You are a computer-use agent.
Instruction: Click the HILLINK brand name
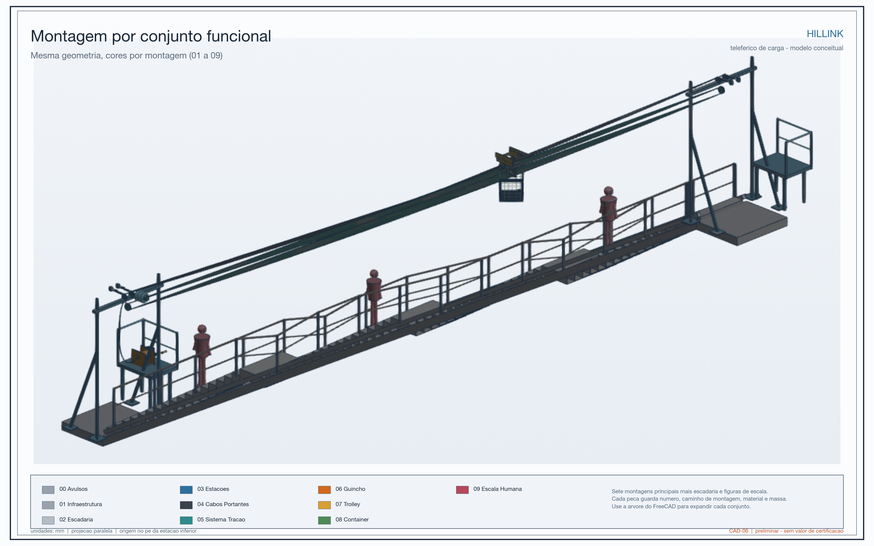pos(825,34)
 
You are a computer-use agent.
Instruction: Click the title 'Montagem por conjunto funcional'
pos(151,36)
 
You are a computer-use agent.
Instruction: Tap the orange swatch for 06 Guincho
pos(324,490)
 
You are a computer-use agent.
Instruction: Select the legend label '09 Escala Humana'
pos(497,489)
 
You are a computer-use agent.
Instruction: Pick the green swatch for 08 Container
pos(324,520)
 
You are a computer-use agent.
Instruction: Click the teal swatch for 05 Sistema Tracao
pos(186,520)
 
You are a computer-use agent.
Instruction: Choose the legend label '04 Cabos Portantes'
pos(223,504)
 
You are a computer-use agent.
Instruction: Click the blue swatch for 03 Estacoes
pos(186,490)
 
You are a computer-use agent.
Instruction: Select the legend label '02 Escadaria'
pos(76,519)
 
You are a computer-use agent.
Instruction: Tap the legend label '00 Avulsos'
pos(73,489)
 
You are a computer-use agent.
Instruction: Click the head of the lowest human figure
pos(202,329)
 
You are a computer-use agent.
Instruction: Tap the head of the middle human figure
pos(374,273)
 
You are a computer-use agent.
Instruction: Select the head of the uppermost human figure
pos(609,190)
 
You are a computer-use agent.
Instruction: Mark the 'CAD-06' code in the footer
pos(739,531)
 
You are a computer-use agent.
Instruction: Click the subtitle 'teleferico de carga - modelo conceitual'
pos(787,48)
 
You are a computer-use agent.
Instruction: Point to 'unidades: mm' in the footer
pos(47,531)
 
